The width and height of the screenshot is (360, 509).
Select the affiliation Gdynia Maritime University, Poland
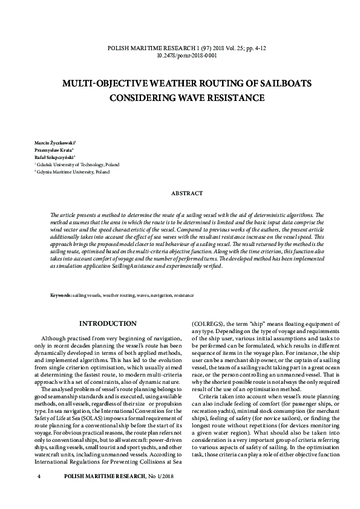click(x=67, y=172)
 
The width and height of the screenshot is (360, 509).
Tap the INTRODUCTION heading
click(x=108, y=323)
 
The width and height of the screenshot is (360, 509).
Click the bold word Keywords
click(x=61, y=295)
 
